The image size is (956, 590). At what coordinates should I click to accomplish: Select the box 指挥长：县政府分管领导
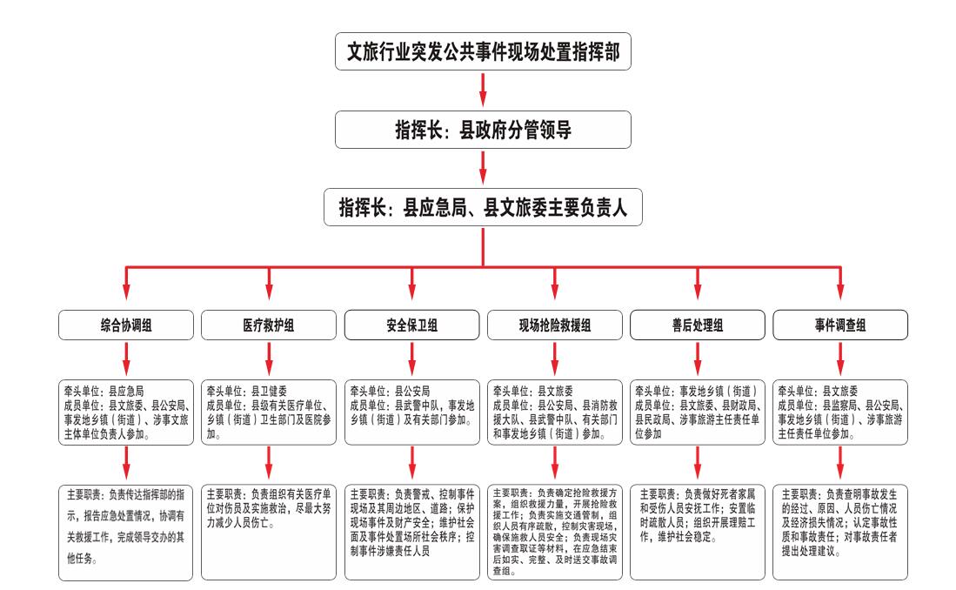point(484,131)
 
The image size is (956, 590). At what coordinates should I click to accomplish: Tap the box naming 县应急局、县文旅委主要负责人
point(484,208)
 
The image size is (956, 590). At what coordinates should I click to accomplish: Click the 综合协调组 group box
point(127,326)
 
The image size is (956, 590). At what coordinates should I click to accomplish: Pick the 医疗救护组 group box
point(269,326)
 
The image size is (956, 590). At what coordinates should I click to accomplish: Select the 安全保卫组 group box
point(412,326)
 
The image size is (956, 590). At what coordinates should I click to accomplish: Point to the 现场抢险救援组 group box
point(555,326)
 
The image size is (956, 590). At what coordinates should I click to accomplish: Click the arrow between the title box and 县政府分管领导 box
point(484,90)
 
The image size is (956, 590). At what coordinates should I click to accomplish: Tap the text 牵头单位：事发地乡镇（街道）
point(695,392)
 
